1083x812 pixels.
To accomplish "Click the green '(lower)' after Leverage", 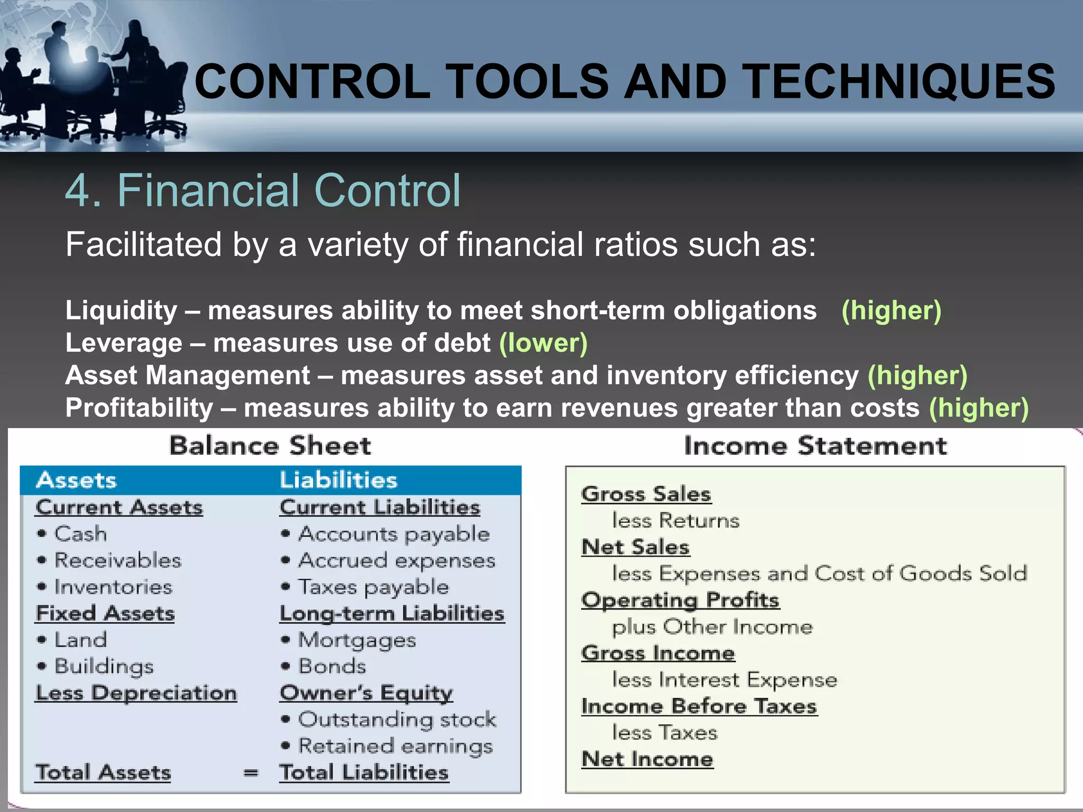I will pyautogui.click(x=543, y=343).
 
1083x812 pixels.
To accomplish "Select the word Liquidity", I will pyautogui.click(x=121, y=310).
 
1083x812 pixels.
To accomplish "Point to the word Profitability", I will pyautogui.click(x=139, y=408).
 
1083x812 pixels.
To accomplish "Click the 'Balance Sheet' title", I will pyautogui.click(x=270, y=446).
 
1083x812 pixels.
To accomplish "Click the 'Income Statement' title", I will pyautogui.click(x=815, y=446).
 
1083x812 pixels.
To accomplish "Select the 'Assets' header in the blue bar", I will pyautogui.click(x=77, y=480).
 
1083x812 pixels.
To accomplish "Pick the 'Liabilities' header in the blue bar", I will pyautogui.click(x=338, y=480).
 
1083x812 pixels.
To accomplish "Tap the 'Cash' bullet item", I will pyautogui.click(x=80, y=533).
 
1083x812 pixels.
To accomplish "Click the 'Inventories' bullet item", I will pyautogui.click(x=113, y=587).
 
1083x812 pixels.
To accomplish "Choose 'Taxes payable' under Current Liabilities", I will pyautogui.click(x=373, y=587).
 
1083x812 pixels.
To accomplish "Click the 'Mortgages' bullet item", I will pyautogui.click(x=357, y=640).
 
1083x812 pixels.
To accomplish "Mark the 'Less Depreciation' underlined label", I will pyautogui.click(x=136, y=693).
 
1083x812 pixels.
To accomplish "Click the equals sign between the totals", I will pyautogui.click(x=251, y=773).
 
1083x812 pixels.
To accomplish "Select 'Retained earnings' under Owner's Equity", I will pyautogui.click(x=395, y=746).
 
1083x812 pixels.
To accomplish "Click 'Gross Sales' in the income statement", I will pyautogui.click(x=646, y=494).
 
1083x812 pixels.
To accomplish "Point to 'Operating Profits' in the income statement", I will pyautogui.click(x=680, y=601).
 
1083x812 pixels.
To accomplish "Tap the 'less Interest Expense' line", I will pyautogui.click(x=724, y=680).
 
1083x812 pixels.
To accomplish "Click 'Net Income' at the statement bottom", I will pyautogui.click(x=647, y=760).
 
